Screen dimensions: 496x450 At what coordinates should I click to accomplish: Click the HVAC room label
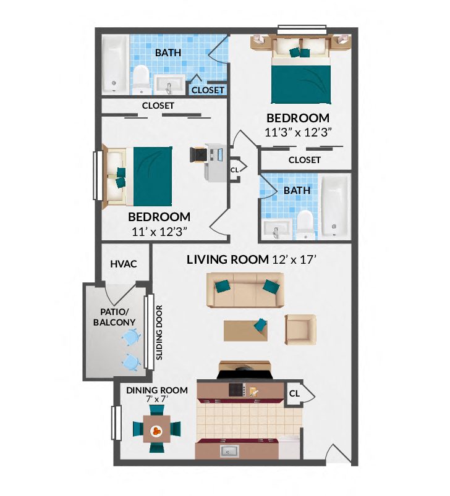tap(124, 264)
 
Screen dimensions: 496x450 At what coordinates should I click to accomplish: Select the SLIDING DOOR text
tap(159, 332)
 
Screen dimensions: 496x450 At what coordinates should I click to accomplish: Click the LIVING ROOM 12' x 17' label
tap(251, 259)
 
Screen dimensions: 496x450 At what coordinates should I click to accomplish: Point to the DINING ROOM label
tap(156, 390)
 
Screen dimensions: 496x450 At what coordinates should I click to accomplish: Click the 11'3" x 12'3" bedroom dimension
tap(297, 132)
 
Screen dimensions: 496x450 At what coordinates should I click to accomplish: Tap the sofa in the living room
tap(245, 291)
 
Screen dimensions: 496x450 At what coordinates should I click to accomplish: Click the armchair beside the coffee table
tap(300, 329)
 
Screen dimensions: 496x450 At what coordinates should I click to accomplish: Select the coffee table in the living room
tap(247, 330)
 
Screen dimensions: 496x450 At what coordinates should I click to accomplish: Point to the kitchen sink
tap(231, 452)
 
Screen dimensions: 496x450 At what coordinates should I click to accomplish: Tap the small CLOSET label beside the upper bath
tap(208, 90)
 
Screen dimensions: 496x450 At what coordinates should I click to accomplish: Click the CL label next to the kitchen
tap(294, 393)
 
